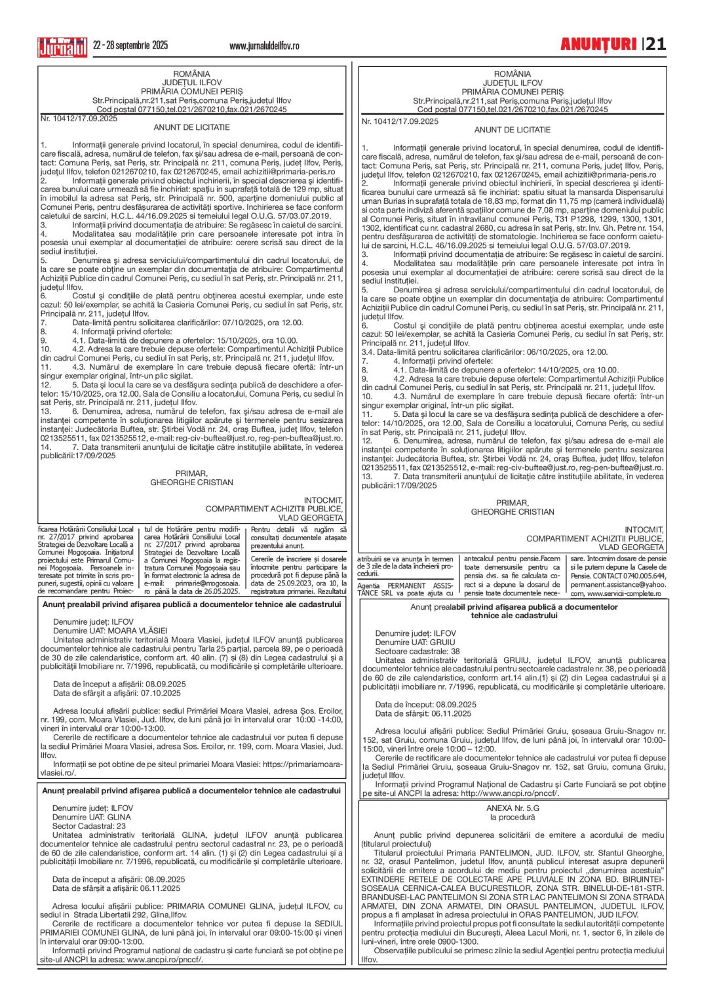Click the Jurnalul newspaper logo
click(62, 47)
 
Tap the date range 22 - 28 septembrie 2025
click(130, 45)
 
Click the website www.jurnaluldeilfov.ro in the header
click(264, 46)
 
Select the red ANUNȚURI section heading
click(598, 45)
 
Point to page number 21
click(656, 45)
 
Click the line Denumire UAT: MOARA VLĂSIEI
click(110, 631)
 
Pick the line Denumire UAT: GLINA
click(92, 817)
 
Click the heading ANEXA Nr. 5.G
click(513, 808)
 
